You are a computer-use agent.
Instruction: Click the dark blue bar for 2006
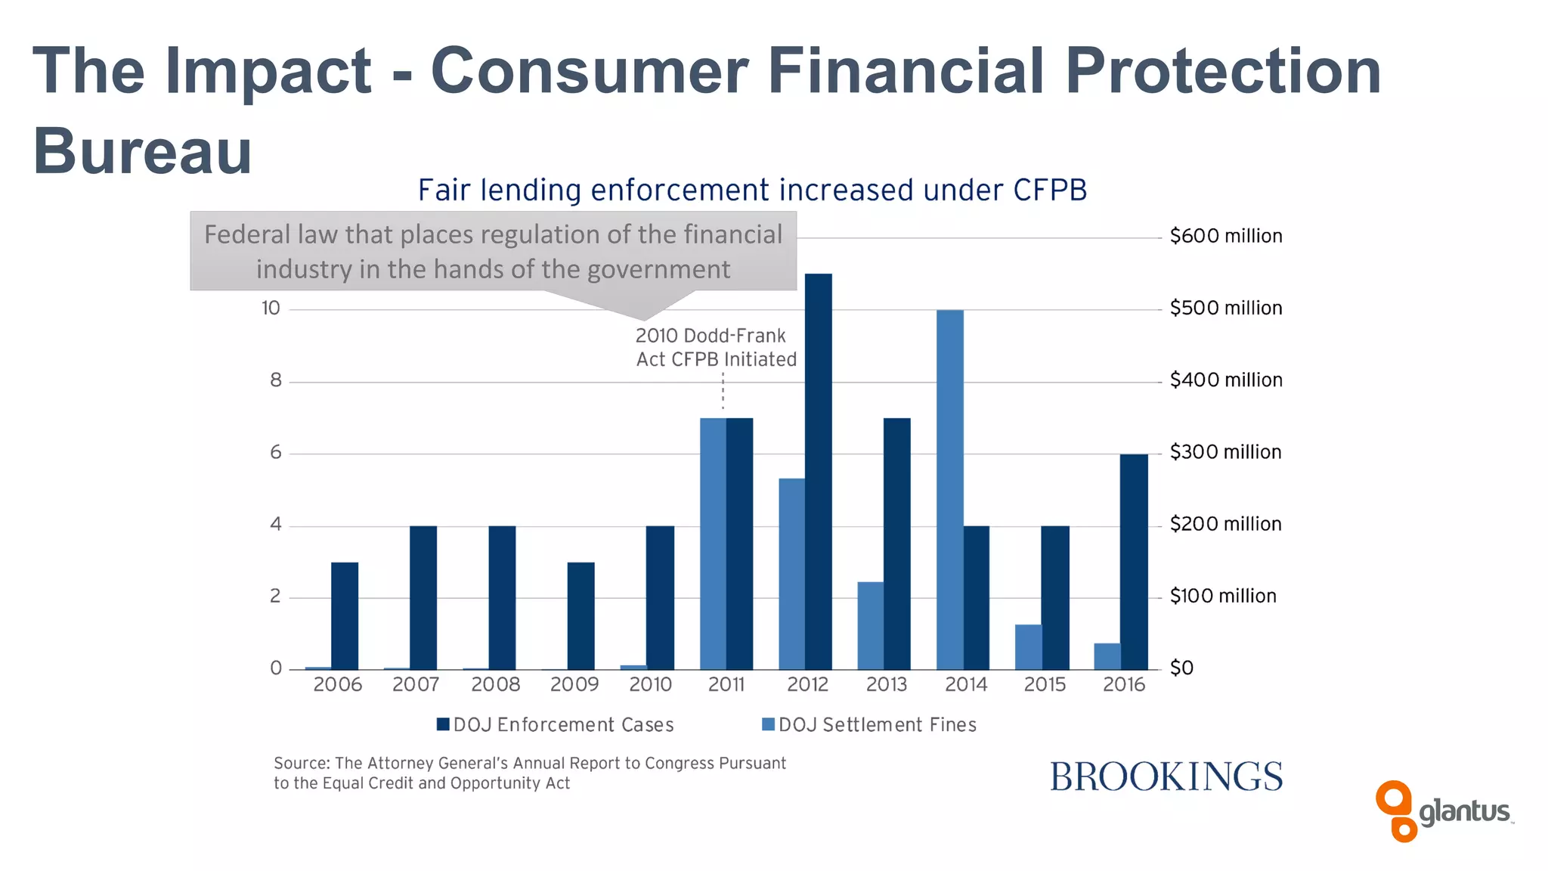(345, 615)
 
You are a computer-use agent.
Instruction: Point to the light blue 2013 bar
(870, 625)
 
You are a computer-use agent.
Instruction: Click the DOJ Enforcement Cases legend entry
(556, 724)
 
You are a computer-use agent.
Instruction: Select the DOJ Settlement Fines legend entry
(869, 724)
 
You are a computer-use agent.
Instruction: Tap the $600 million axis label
(1225, 236)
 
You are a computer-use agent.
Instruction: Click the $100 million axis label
(1222, 596)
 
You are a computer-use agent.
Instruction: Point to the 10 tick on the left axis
(271, 308)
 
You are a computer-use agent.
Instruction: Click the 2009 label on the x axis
(574, 684)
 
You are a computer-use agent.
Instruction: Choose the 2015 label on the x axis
(1045, 684)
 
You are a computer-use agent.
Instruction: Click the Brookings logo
(1166, 777)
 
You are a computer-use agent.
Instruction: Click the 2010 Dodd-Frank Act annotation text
(715, 347)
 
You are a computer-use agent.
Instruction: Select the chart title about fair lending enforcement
(752, 190)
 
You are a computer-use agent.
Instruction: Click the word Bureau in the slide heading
(142, 150)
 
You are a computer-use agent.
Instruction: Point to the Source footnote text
(529, 773)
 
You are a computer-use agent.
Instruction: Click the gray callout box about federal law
(493, 251)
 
